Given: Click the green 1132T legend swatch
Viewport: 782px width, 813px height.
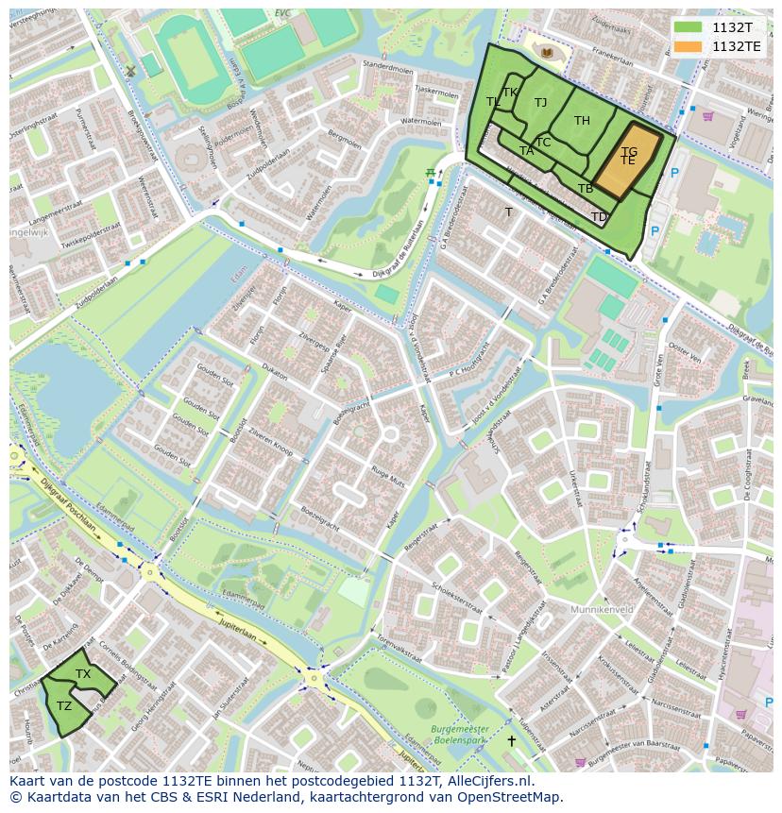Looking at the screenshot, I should coord(688,26).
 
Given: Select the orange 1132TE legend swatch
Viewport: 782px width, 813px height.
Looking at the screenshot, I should coord(688,46).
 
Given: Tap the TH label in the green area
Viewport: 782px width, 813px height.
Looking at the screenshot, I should coord(582,121).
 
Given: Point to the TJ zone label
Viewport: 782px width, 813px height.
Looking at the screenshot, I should coord(540,103).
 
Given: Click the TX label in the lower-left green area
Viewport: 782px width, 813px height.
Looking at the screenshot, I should coord(83,674).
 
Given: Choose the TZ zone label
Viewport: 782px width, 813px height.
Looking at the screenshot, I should coord(64,706).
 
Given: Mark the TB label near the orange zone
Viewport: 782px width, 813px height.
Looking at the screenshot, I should coord(586,189).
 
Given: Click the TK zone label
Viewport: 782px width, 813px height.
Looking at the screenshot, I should coord(510,93).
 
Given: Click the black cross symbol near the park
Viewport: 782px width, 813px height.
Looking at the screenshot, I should coord(512,741).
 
